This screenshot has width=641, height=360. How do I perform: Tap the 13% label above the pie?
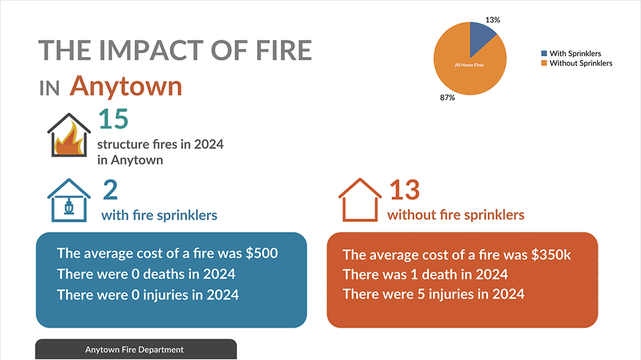(492, 20)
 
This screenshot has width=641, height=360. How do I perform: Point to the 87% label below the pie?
(447, 97)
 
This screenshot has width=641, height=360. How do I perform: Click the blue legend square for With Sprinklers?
(544, 54)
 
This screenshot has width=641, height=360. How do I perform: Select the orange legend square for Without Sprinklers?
(544, 63)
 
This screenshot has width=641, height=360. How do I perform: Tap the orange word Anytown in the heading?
(126, 86)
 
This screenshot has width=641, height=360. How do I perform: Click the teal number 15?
(113, 120)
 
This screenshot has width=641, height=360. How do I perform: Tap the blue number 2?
(110, 190)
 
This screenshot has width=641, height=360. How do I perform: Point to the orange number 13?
(404, 190)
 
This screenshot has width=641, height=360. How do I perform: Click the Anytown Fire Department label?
(135, 350)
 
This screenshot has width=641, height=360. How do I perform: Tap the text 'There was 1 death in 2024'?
(425, 275)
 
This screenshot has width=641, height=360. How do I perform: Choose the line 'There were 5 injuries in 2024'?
(433, 294)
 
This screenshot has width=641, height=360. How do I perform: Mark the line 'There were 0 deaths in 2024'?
(146, 274)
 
